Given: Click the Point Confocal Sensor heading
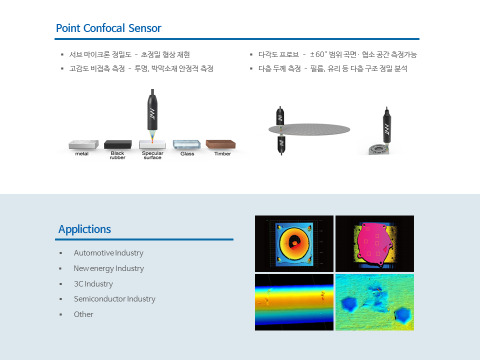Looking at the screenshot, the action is coord(108,28).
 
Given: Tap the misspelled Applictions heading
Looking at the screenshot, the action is coord(84,229).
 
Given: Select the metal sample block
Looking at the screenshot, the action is coord(83,144).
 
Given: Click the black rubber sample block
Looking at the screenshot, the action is coord(118,144).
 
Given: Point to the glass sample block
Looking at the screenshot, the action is coord(186,144).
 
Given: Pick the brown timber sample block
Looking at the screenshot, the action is coord(220,144).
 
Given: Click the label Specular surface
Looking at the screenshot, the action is coord(152,155).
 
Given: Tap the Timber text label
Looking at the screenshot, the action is coord(222,153).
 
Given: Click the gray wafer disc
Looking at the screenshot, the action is coord(309,129).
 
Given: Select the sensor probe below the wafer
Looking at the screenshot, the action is coord(281,145).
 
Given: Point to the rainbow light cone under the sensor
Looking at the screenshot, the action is coord(152,136).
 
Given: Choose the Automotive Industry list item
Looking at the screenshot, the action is coord(108,253).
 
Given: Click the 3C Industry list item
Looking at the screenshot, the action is coord(93,284).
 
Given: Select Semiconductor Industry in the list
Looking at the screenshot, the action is coord(114,299).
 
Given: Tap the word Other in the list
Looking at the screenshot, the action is coord(83,314).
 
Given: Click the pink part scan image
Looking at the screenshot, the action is coord(374,243).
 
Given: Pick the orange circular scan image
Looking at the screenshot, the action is coord(294,243).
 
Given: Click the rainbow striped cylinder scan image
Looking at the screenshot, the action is coord(294,302).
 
